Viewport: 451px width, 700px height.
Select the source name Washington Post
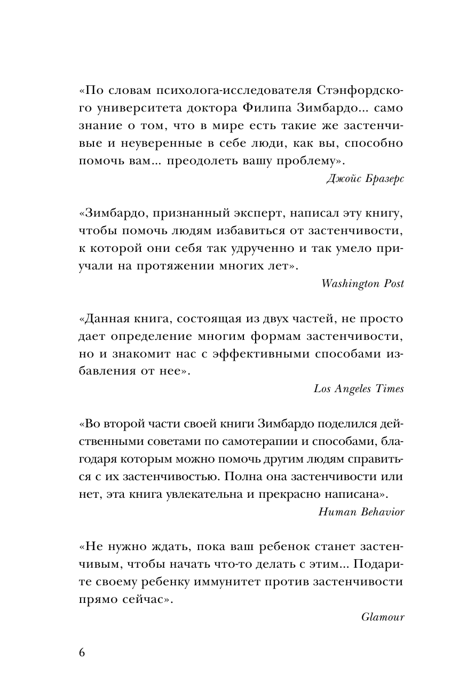tap(363, 283)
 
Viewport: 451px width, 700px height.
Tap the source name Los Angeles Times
tap(359, 388)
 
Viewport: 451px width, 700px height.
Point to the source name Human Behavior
tap(361, 512)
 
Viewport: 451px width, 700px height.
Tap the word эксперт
tap(221, 214)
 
